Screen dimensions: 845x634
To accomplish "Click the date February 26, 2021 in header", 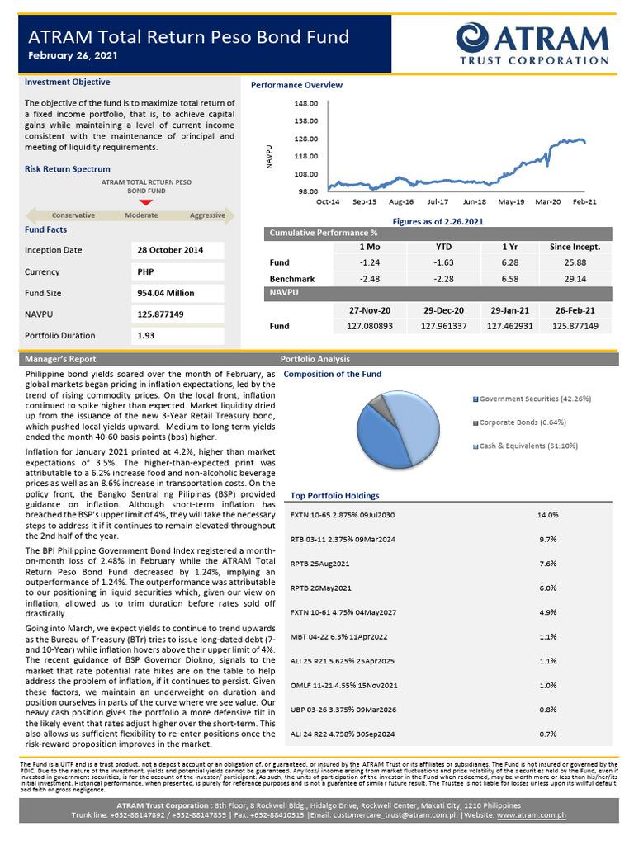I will [x=73, y=55].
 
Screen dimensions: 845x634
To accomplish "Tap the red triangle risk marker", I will [x=146, y=202].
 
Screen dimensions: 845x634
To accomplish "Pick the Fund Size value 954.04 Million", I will [x=166, y=293].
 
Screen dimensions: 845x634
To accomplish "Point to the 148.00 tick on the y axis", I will [x=306, y=104].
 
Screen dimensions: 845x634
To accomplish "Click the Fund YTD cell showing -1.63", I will [x=443, y=262].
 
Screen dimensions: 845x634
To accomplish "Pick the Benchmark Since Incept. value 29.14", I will [x=575, y=279].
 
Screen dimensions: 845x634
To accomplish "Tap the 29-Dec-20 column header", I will [x=443, y=310].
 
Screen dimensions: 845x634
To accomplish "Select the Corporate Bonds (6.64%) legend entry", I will [x=522, y=422].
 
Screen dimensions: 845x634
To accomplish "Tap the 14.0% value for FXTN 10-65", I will [x=548, y=515].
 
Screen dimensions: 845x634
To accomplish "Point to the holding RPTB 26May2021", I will [x=321, y=588].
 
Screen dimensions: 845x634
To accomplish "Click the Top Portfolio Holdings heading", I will [x=334, y=496].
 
